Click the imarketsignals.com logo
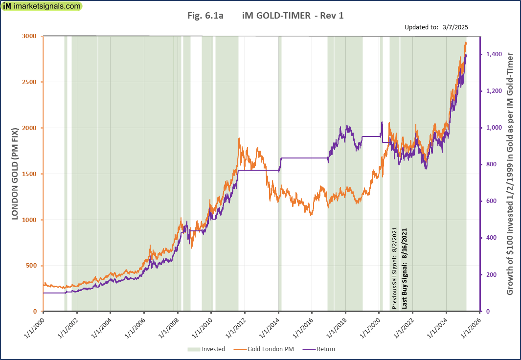click(x=42, y=6)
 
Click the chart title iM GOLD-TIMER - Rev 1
click(x=293, y=16)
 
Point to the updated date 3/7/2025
click(x=454, y=27)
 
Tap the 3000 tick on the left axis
click(x=29, y=36)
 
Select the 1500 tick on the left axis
click(x=29, y=174)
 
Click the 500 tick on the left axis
click(x=31, y=266)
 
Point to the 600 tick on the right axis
click(x=493, y=201)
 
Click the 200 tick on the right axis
click(x=493, y=275)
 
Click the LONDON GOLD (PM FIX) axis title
click(x=15, y=174)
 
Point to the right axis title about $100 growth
click(x=510, y=174)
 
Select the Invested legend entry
click(x=206, y=349)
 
